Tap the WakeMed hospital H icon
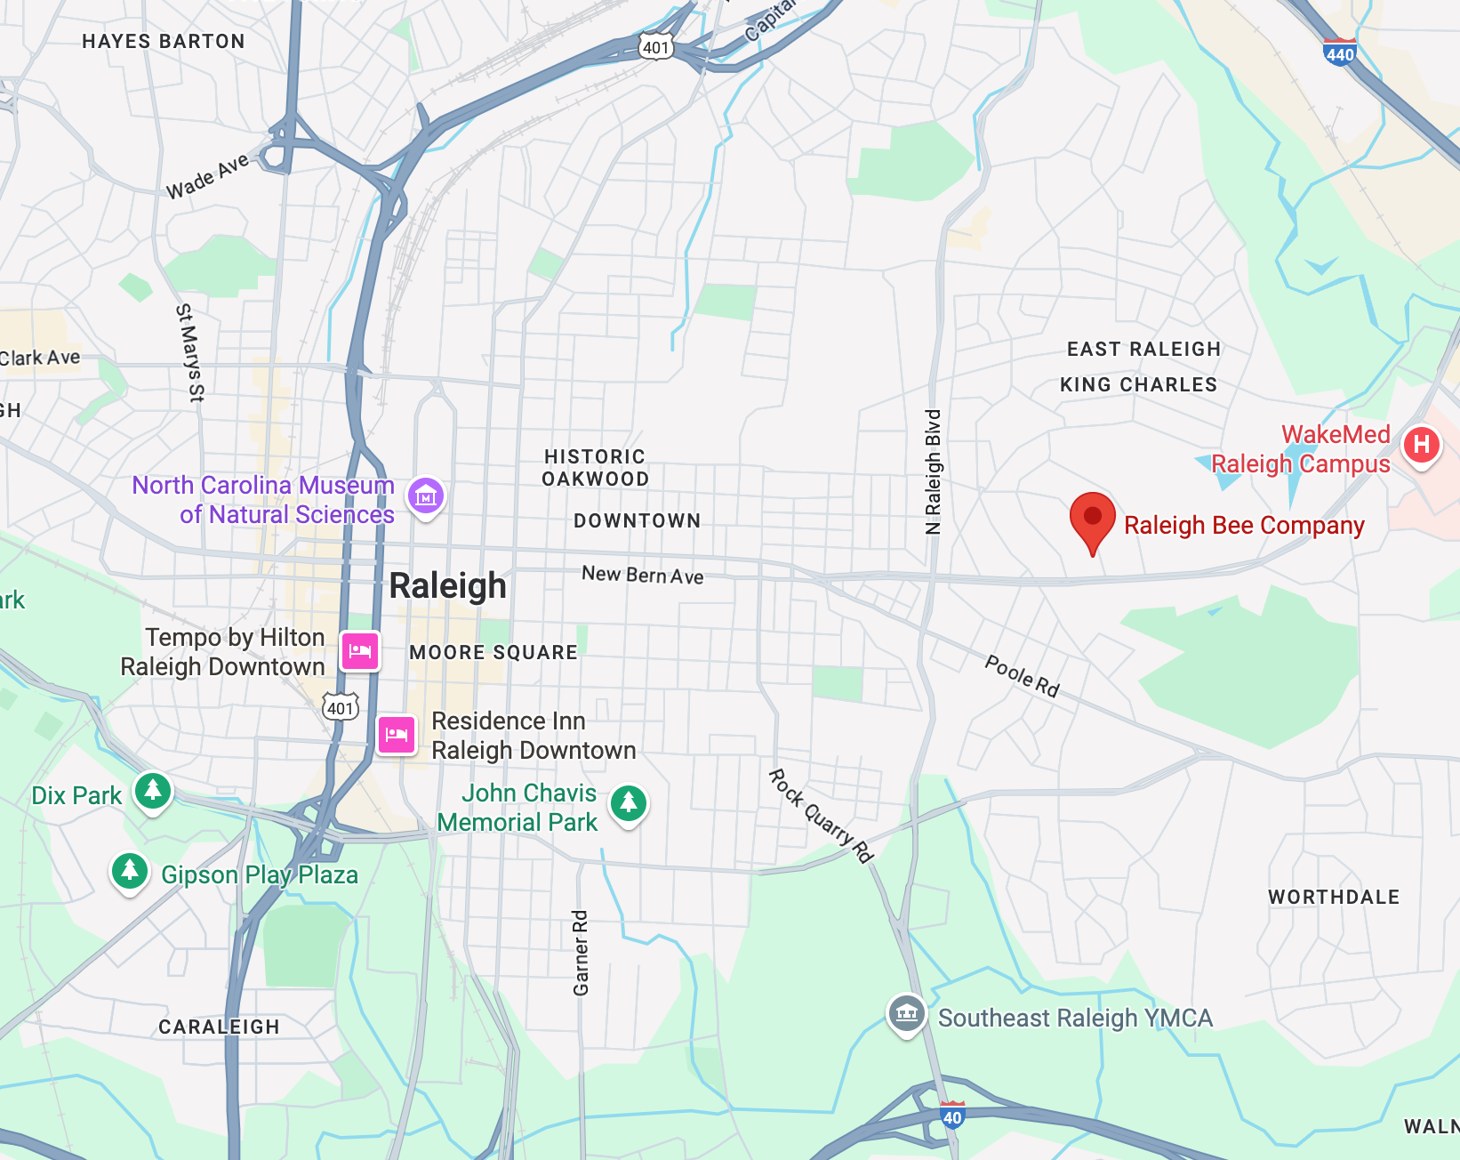(x=1421, y=445)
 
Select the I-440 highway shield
(x=1339, y=52)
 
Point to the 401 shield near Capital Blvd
(x=655, y=47)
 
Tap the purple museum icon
(x=426, y=496)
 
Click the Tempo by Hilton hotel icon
(x=360, y=651)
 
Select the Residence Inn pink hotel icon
(x=397, y=735)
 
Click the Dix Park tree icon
(x=153, y=790)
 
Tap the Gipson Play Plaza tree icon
(x=130, y=869)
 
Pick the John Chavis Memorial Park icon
(x=629, y=803)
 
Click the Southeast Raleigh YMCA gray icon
(x=906, y=1013)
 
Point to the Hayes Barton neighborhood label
(x=164, y=42)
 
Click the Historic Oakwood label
(x=596, y=468)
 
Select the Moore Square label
(x=493, y=653)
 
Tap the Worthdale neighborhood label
(x=1334, y=897)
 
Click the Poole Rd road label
(x=1022, y=676)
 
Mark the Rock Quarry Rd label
(x=821, y=817)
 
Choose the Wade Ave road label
(x=207, y=177)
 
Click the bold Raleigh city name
(x=448, y=586)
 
